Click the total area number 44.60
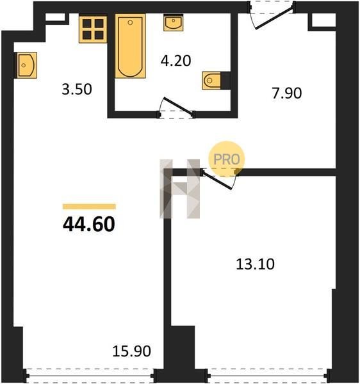pos(88,225)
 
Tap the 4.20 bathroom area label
pos(176,61)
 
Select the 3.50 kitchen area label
pos(77,89)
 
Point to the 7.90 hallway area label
pos(287,93)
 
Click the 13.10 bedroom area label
pos(255,264)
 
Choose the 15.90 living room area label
pos(131,351)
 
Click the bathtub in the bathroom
pos(131,46)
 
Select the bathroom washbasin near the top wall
pos(174,22)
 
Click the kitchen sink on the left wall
pos(27,65)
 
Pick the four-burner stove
pos(93,29)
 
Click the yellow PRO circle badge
pos(226,159)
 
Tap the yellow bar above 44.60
pos(89,207)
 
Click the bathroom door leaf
pos(178,106)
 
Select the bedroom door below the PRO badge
pos(217,180)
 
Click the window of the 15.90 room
pos(90,375)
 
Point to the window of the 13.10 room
pos(267,375)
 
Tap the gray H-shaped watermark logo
pos(179,189)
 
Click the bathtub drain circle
pos(130,23)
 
